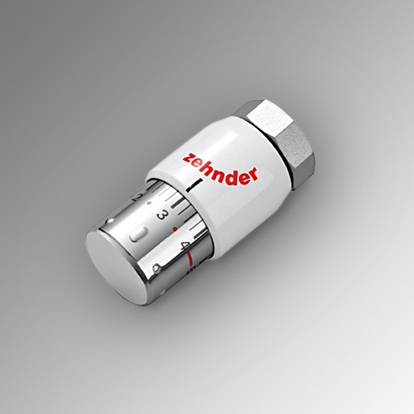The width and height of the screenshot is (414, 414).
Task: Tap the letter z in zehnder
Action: pos(188,159)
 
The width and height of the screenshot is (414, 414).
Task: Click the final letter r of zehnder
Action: pos(253,175)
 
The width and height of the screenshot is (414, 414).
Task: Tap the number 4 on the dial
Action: pos(184,246)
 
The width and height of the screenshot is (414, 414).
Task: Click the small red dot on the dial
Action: pos(175,228)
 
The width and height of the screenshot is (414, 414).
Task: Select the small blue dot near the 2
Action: pos(150,203)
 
